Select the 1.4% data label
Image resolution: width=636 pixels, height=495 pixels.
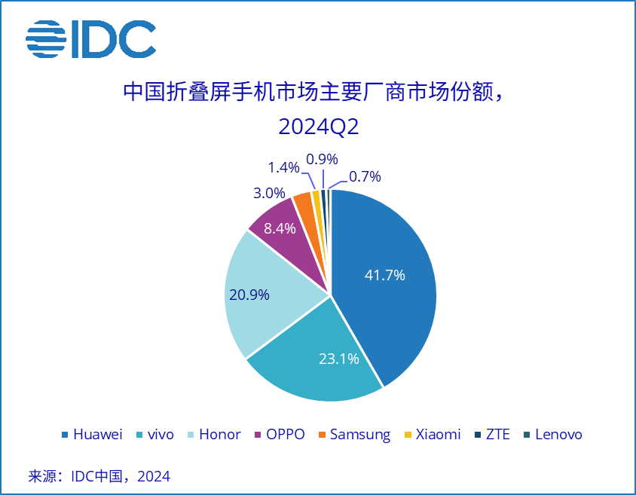point(284,167)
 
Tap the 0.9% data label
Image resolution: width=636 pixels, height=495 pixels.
point(322,159)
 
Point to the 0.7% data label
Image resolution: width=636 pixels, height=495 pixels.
point(365,177)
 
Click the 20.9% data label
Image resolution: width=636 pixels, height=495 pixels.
point(249,295)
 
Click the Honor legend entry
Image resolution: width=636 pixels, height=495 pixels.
point(213,434)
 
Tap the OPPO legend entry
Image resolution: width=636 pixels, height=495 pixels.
point(280,434)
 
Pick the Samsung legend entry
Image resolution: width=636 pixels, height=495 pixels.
point(353,434)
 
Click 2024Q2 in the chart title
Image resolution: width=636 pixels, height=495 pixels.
point(318,127)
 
